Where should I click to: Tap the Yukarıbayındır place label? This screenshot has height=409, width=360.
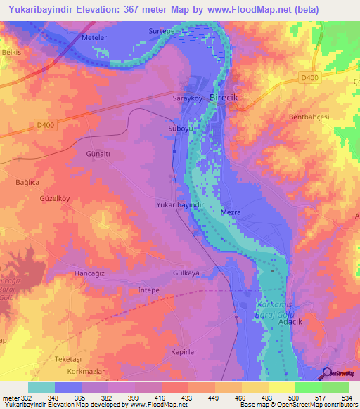[179, 204]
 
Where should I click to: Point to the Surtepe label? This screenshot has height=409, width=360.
[161, 32]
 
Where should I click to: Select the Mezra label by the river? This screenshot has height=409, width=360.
[231, 211]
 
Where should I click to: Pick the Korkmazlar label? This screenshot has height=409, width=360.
[74, 370]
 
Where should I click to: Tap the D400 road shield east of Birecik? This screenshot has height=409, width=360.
[307, 77]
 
